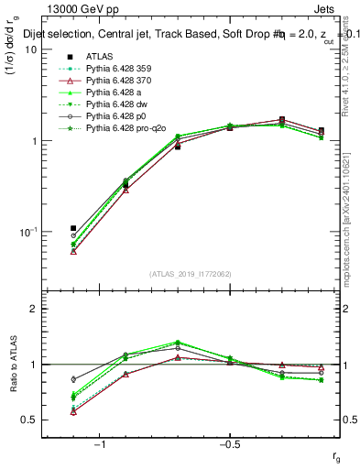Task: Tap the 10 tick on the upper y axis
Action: (30, 49)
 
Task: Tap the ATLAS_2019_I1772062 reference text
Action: (190, 274)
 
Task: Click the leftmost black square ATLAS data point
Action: (73, 228)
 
